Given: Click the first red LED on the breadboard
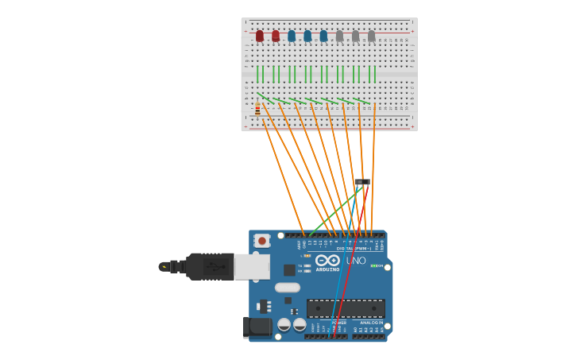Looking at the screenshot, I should click(x=260, y=36).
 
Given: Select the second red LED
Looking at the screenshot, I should click(x=276, y=36).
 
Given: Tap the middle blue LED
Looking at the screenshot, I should click(x=307, y=36).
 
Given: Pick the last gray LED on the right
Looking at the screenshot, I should click(x=371, y=36).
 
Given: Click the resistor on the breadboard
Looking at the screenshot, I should click(x=257, y=110).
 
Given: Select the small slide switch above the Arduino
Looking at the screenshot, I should click(x=362, y=183).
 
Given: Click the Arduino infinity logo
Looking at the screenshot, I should click(x=327, y=260).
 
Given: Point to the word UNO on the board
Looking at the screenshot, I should click(x=355, y=261).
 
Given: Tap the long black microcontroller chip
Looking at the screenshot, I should click(x=346, y=308).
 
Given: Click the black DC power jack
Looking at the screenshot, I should click(x=256, y=326).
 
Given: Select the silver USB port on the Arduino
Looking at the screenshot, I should click(x=252, y=266).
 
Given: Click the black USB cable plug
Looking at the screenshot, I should click(x=210, y=266).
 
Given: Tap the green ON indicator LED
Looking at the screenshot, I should click(x=373, y=265).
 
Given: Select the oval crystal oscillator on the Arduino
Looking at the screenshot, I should click(x=288, y=288).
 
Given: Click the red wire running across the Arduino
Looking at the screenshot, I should click(x=347, y=270).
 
